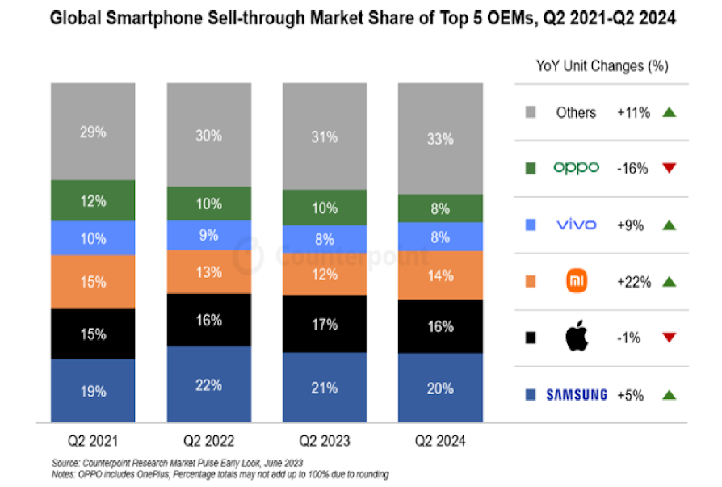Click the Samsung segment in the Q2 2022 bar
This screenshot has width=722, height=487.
click(208, 384)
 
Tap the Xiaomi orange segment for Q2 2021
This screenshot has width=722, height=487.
click(93, 281)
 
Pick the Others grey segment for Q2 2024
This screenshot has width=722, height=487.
click(439, 138)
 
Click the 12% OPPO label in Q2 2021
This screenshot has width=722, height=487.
click(93, 201)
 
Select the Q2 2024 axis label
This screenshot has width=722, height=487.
click(439, 442)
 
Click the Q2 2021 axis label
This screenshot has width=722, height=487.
click(93, 442)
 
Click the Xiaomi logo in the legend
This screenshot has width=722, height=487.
click(576, 281)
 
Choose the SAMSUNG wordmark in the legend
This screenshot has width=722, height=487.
click(576, 395)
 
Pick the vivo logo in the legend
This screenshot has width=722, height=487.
click(576, 225)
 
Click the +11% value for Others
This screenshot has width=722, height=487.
click(634, 112)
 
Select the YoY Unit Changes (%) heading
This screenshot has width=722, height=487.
click(602, 66)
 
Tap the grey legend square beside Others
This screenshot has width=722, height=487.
click(531, 112)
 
